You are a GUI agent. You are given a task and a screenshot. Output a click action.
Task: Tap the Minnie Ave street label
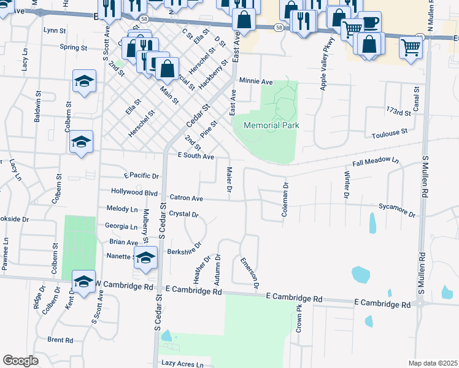pyautogui.click(x=256, y=81)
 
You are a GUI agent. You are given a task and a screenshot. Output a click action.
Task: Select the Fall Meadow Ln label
pyautogui.click(x=376, y=163)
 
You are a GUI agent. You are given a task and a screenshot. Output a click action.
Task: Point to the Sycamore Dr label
pyautogui.click(x=397, y=210)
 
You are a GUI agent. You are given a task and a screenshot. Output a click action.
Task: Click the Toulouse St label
pyautogui.click(x=389, y=132)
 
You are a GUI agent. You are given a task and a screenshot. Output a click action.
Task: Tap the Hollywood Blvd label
pyautogui.click(x=134, y=192)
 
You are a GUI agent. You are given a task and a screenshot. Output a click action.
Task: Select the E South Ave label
pyautogui.click(x=195, y=157)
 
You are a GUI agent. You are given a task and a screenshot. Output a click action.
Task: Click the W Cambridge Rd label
pyautogui.click(x=123, y=286)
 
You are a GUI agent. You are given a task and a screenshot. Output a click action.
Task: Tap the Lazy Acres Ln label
pyautogui.click(x=182, y=364)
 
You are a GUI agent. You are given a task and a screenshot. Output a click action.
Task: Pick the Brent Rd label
pyautogui.click(x=60, y=340)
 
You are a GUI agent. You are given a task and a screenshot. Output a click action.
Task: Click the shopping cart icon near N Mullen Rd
pyautogui.click(x=411, y=47)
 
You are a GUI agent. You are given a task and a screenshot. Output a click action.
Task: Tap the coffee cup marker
pyautogui.click(x=371, y=23)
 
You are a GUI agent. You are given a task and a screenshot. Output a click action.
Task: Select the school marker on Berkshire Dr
pyautogui.click(x=145, y=258)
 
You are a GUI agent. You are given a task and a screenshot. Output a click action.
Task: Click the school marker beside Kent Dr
pyautogui.click(x=84, y=281)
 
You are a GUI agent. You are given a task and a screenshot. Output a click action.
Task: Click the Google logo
pyautogui.click(x=20, y=361)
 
